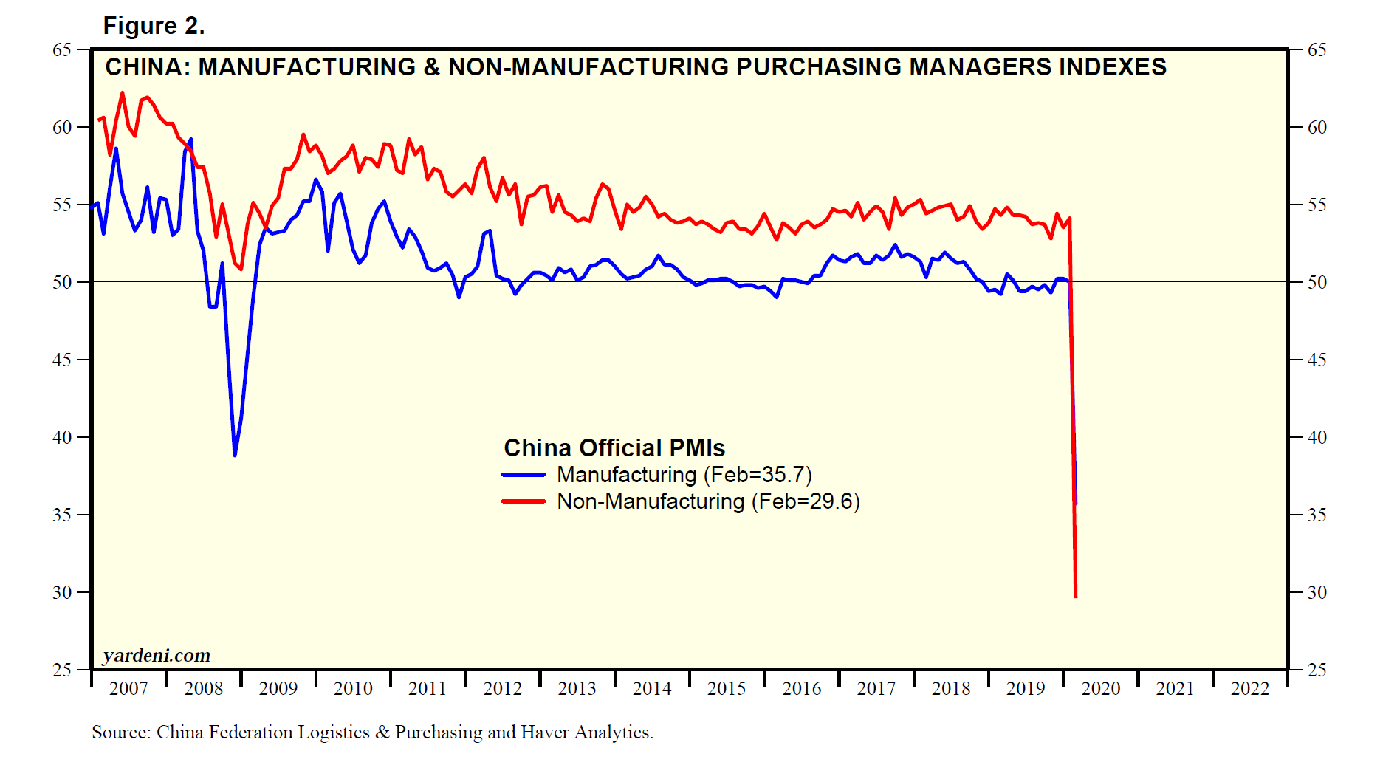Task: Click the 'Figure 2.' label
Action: (154, 26)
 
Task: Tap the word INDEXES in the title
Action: (1113, 67)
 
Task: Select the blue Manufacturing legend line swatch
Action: (524, 475)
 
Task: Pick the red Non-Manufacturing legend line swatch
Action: (524, 501)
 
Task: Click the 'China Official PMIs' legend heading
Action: (614, 448)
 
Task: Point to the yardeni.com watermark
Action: (157, 655)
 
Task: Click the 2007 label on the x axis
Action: (128, 689)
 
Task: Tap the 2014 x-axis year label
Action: (652, 689)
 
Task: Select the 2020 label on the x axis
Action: (1100, 689)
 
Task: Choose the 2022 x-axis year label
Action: (1249, 689)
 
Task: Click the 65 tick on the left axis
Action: (62, 50)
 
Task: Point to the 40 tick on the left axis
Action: (62, 437)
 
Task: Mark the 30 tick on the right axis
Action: (1317, 592)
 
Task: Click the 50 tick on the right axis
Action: (1317, 282)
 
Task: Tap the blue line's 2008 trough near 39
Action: (235, 455)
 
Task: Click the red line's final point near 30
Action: (1076, 596)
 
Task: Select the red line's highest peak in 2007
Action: (123, 93)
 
